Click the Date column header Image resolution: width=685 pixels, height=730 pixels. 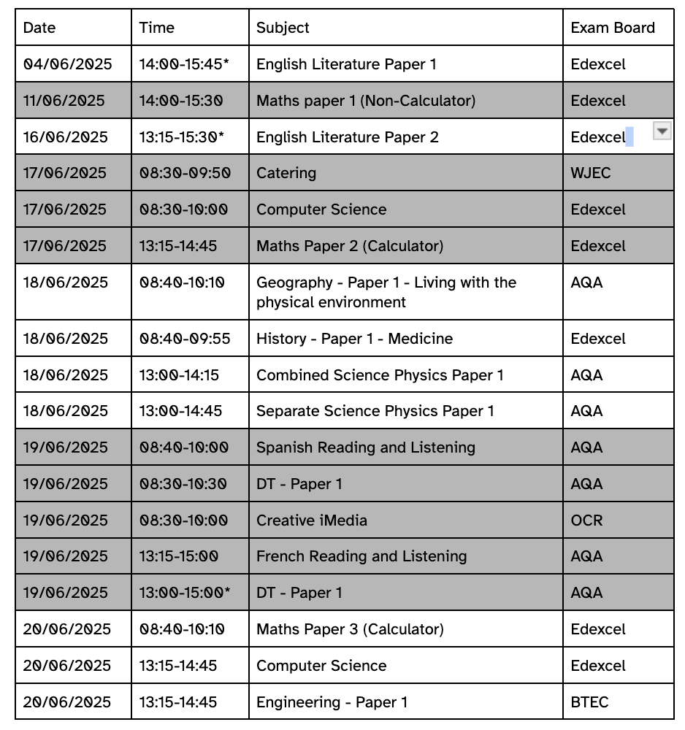pos(39,28)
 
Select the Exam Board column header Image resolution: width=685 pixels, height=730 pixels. pos(612,28)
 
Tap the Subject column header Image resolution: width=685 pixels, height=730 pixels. pos(283,28)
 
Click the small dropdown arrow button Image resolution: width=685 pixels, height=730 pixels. pos(661,131)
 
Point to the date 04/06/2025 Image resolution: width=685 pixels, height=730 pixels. pos(68,64)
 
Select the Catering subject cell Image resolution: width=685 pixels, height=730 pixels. pos(286,173)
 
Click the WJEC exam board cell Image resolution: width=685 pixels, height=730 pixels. pos(591,173)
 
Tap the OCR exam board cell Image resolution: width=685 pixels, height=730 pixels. pos(586,520)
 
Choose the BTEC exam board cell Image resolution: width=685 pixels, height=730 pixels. pos(589,702)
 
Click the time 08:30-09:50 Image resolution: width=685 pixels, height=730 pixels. pos(185,173)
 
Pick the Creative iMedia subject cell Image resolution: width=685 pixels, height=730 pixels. pos(312,520)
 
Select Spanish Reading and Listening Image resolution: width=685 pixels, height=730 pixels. pos(365,447)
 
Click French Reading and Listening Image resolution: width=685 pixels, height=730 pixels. pos(361,556)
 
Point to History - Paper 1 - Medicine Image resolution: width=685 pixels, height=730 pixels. pos(354,339)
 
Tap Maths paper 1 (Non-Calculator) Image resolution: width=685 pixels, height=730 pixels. pos(365,101)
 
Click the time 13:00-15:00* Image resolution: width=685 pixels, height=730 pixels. pos(185,593)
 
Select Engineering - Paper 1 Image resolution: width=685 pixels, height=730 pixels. pos(332,702)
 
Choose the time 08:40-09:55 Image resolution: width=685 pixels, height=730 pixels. pos(185,339)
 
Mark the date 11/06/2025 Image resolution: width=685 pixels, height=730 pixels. pos(64,101)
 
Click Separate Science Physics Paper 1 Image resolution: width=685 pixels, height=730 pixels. pos(375,411)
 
